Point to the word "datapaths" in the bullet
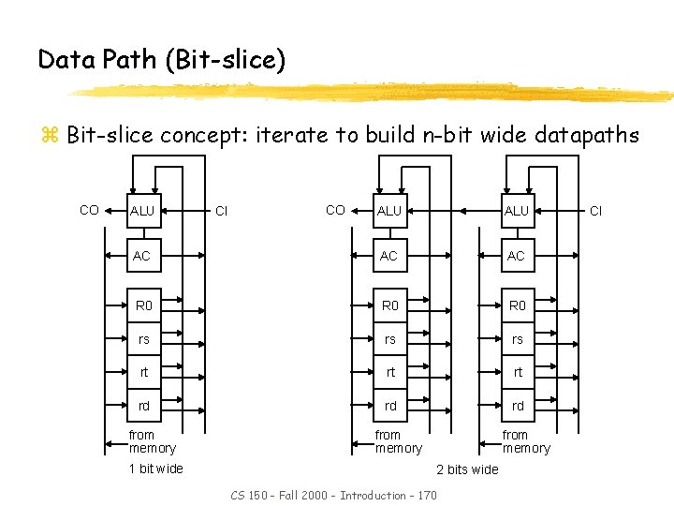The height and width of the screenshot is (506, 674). coord(587,135)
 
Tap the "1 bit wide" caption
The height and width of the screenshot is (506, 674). coord(156,469)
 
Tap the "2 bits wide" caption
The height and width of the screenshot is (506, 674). coord(467,469)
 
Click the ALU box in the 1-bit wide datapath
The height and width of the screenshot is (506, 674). coord(142,211)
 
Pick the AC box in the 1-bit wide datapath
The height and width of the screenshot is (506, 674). coord(142,256)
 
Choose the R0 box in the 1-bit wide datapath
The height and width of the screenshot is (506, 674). coord(143,305)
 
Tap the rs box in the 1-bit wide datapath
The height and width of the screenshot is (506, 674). coord(143,339)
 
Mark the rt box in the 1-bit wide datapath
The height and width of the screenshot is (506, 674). coord(143,372)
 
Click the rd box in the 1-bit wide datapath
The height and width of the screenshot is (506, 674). coord(143,406)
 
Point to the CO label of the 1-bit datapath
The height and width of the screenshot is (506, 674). coord(89,210)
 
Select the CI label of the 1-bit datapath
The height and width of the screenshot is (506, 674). coord(222,211)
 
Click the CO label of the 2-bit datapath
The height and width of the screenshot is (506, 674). coord(335,210)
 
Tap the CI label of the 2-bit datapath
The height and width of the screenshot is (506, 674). coord(595,211)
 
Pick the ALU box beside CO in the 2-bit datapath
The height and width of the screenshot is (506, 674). coord(389,211)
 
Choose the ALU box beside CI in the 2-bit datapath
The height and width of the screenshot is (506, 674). coord(517,211)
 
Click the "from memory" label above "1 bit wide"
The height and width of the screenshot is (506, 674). coord(152,441)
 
